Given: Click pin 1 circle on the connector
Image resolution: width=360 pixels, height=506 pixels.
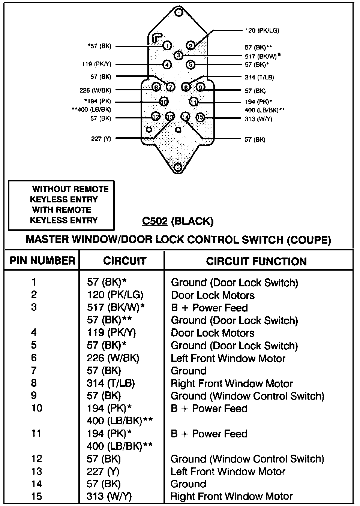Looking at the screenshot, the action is tap(167, 46).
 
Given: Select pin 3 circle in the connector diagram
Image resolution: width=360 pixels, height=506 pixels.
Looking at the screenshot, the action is tap(178, 55).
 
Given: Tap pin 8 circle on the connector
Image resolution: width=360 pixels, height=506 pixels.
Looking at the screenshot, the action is tap(186, 87).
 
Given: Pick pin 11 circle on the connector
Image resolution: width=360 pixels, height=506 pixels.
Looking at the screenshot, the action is tap(193, 102).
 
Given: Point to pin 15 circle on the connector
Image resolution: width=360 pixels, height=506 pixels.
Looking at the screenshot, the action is tap(200, 117).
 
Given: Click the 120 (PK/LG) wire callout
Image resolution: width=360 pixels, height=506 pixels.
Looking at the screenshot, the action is tap(262, 31).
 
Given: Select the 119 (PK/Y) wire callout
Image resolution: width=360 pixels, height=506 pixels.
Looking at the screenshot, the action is tap(96, 64).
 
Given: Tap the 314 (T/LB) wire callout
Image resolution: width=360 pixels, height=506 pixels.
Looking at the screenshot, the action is tap(259, 78).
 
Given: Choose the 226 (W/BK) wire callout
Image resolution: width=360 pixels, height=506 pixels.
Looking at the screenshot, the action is tap(95, 90).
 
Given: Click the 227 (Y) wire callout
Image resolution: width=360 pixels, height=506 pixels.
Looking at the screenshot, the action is tap(101, 139).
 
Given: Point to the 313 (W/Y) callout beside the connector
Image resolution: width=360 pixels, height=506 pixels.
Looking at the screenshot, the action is tap(258, 119).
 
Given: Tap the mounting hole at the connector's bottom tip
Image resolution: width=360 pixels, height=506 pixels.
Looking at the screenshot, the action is tap(178, 167).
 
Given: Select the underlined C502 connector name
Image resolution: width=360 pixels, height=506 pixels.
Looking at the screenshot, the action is tap(154, 222).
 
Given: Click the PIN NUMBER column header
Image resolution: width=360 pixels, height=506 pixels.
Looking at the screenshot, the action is tap(42, 261).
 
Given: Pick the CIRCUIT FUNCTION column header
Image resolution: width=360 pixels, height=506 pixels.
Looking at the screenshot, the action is tap(256, 261).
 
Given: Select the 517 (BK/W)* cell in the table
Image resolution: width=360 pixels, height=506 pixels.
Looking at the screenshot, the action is tap(116, 308).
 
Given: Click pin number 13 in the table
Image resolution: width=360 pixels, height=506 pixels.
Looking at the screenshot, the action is tap(36, 472).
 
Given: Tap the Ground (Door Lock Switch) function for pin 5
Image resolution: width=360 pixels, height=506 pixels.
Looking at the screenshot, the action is tap(234, 346).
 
